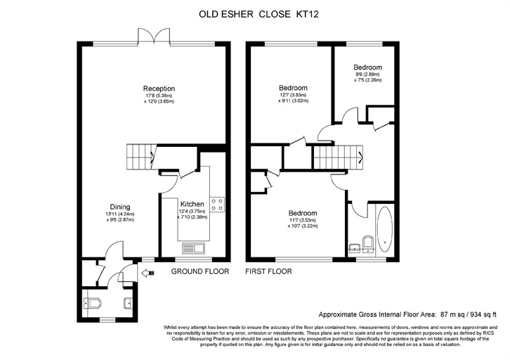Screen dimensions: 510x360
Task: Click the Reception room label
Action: pos(159,89)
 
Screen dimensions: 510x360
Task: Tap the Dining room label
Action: pos(120,207)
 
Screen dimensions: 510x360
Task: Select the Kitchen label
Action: pos(192,204)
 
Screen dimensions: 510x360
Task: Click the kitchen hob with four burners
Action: pos(217,205)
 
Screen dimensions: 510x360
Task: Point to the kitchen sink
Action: pos(193,248)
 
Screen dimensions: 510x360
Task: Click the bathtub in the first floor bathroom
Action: pos(385,230)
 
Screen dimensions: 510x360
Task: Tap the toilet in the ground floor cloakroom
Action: pos(93,304)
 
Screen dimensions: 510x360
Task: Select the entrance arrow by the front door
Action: pos(148,273)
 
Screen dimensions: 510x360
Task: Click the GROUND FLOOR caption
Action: pos(200,271)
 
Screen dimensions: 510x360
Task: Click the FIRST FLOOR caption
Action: pos(268,271)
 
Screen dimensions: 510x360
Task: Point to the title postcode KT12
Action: pos(307,14)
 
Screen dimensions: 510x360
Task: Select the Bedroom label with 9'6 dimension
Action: pos(368,67)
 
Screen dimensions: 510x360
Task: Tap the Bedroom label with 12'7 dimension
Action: pos(293,88)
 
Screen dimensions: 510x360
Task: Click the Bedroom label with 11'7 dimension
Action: pos(303,213)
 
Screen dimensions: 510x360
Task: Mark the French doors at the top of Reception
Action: pos(154,36)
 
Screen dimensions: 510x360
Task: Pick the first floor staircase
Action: pos(338,157)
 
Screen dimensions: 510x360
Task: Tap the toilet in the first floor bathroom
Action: pos(368,244)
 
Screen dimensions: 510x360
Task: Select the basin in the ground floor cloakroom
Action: pos(128,304)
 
